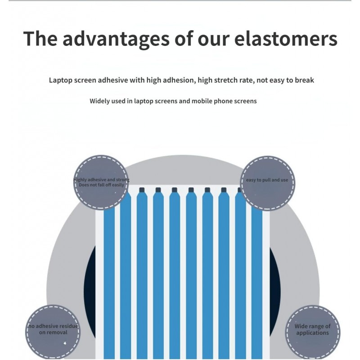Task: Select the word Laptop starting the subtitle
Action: pyautogui.click(x=60, y=81)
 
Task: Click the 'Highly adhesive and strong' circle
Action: pyautogui.click(x=101, y=183)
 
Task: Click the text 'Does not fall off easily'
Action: pyautogui.click(x=101, y=185)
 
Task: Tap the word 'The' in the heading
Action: pyautogui.click(x=39, y=39)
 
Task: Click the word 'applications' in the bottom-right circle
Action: pyautogui.click(x=312, y=333)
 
